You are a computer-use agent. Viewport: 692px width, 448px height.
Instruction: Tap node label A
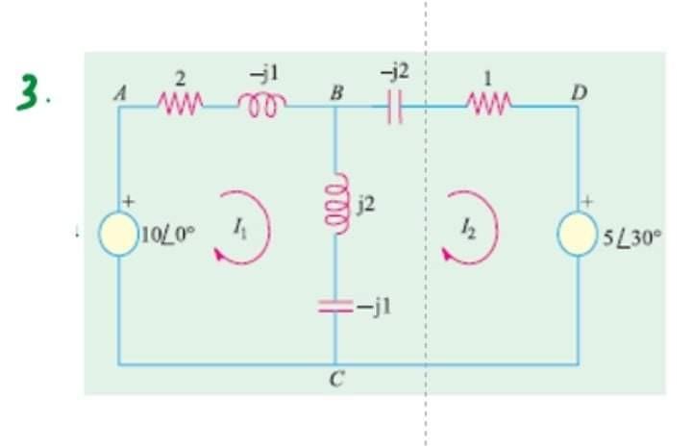pos(119,92)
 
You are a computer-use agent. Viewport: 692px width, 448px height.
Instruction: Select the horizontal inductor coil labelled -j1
pos(258,102)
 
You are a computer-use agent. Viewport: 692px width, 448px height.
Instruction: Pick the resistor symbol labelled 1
pos(495,103)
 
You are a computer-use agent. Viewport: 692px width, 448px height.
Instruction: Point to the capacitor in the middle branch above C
pos(336,306)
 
